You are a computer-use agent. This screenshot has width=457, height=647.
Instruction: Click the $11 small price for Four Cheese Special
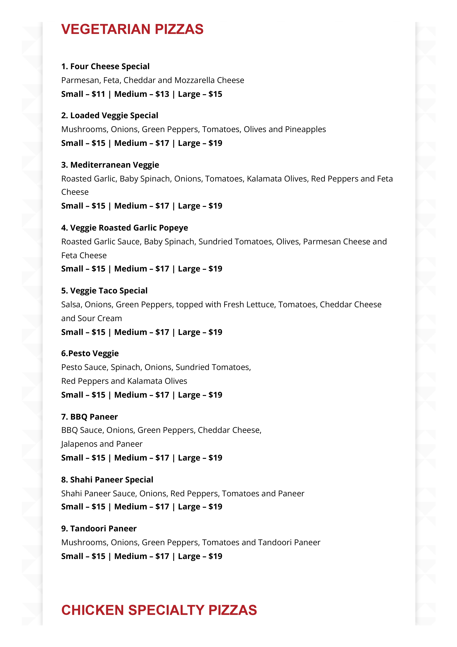coord(98,94)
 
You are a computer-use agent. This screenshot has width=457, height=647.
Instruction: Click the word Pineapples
coord(305,129)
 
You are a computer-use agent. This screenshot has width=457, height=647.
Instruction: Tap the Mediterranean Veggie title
coord(110,165)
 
